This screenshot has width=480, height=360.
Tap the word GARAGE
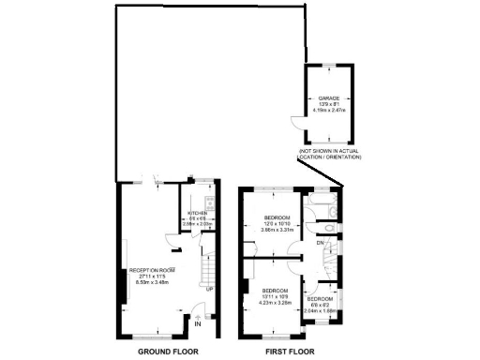[328, 96]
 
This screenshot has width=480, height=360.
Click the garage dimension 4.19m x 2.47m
[328, 112]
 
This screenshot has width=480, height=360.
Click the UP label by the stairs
[209, 289]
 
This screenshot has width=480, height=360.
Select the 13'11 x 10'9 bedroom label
[276, 297]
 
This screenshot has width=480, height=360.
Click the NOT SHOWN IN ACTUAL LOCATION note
[329, 153]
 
